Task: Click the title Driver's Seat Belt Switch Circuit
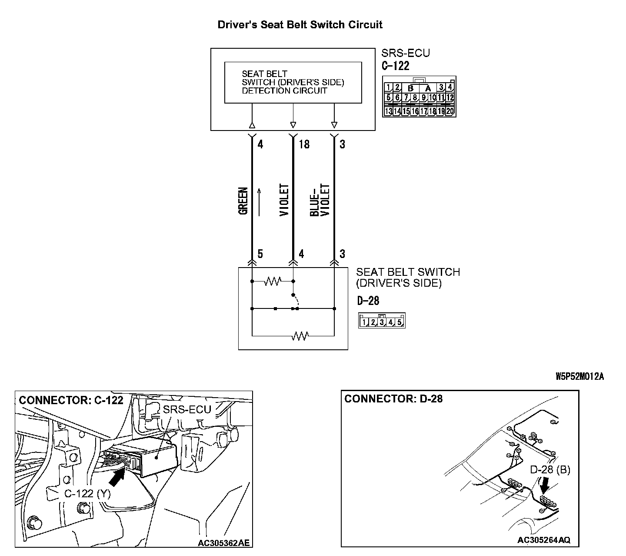[x=300, y=25]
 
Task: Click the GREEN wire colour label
[x=243, y=201]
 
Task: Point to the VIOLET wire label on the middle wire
[x=284, y=200]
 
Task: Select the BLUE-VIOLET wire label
[x=320, y=200]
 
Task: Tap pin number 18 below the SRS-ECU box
[x=304, y=144]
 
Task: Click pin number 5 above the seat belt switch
[x=260, y=254]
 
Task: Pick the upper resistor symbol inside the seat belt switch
[x=273, y=281]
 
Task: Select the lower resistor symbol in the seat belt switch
[x=300, y=336]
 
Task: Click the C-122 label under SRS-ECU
[x=395, y=66]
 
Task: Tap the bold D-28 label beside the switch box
[x=368, y=300]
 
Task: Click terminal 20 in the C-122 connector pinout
[x=450, y=111]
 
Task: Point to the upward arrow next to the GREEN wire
[x=260, y=201]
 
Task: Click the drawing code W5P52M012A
[x=579, y=376]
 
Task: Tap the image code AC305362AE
[x=223, y=543]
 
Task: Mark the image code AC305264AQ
[x=544, y=540]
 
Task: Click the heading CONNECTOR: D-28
[x=393, y=399]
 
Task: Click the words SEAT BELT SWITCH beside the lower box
[x=408, y=272]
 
